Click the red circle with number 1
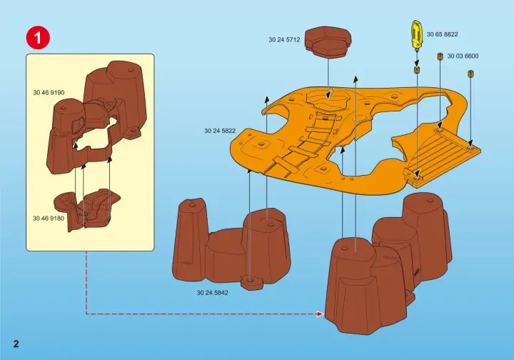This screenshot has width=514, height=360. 38,37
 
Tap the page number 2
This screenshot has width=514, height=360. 16,344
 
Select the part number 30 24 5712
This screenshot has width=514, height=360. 283,40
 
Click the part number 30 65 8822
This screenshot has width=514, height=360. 442,34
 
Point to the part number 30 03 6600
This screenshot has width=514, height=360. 463,56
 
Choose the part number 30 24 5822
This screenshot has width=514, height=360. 220,131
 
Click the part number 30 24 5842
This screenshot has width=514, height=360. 213,292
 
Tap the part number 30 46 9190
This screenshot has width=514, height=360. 49,92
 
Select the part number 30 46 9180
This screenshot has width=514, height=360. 49,218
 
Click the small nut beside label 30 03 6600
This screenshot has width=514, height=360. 440,56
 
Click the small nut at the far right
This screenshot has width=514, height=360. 471,74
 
